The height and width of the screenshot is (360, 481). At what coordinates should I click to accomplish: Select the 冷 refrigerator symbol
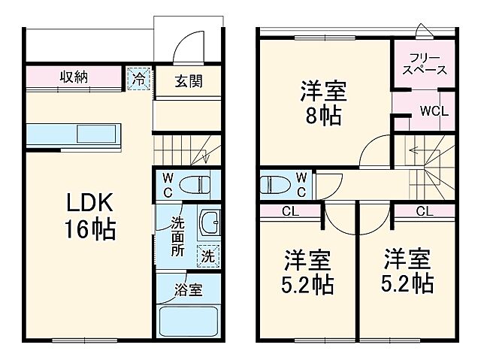tap(138, 77)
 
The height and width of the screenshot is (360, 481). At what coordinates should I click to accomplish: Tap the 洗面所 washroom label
tap(177, 237)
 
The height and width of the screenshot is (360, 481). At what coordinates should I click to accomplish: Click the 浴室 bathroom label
tap(188, 290)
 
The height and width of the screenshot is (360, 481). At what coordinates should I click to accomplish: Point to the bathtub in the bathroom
tap(189, 319)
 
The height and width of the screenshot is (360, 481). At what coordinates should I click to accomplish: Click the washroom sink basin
tap(209, 224)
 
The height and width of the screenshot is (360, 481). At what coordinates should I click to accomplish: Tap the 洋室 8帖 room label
tap(323, 104)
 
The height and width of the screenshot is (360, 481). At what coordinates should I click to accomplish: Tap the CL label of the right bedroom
tap(422, 210)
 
